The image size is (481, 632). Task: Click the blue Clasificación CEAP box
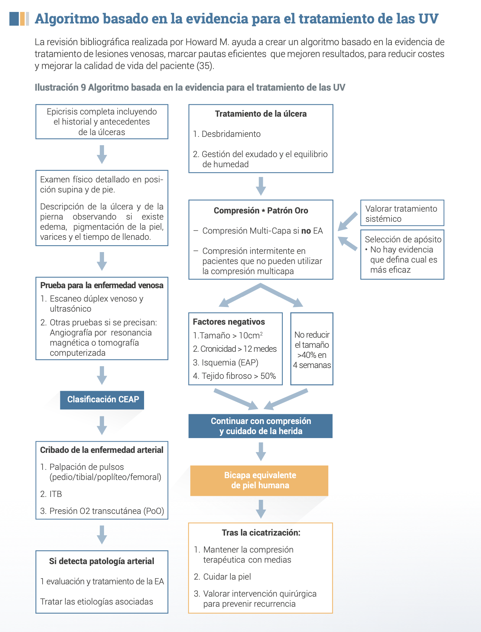(102, 400)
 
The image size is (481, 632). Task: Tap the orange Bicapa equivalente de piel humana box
(259, 480)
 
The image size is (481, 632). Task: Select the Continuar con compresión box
(260, 426)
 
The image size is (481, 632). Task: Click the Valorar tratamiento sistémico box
(402, 213)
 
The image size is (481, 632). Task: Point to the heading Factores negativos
(229, 322)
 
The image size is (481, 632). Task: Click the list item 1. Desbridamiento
(227, 134)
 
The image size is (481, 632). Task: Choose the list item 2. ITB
(51, 494)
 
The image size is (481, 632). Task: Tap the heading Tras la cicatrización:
(261, 533)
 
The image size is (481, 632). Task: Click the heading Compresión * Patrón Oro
(261, 211)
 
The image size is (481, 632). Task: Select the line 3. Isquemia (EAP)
(226, 363)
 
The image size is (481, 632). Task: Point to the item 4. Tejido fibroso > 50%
(234, 376)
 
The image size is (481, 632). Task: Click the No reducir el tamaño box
(312, 349)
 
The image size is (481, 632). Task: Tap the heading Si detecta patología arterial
(101, 561)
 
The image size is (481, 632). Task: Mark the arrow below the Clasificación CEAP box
(102, 425)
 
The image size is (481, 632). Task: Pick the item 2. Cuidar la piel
(222, 577)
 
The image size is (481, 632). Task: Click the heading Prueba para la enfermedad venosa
(101, 285)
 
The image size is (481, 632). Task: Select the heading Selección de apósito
(403, 239)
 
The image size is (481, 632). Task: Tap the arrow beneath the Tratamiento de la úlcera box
(261, 186)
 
